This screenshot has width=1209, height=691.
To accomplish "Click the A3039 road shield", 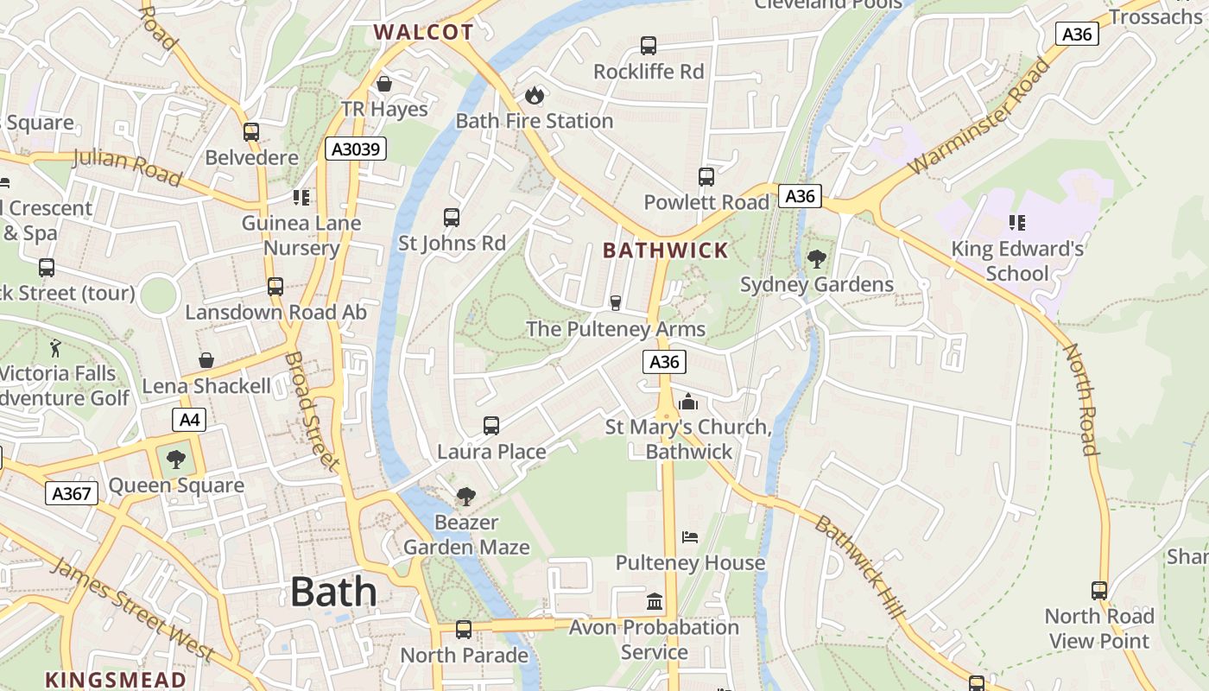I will tap(356, 149).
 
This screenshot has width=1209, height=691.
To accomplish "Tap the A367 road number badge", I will tap(72, 493).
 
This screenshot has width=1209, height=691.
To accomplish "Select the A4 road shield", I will tap(189, 421).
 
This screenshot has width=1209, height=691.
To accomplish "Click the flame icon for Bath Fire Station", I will tap(535, 94).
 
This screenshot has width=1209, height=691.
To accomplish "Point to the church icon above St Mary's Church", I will tap(688, 402).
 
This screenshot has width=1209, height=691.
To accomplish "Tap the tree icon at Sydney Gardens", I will tap(816, 258).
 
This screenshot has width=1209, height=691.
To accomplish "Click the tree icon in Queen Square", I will tap(176, 460).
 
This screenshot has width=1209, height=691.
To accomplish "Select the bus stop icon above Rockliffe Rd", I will tap(649, 46).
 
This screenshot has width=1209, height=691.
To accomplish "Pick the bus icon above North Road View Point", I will tap(1098, 591).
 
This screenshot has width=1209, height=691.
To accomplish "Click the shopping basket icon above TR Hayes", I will tap(384, 84).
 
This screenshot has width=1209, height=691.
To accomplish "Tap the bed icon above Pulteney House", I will tap(689, 537).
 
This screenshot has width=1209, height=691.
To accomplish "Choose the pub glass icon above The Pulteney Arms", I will tap(616, 302).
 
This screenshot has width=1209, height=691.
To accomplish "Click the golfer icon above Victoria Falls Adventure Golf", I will tap(57, 347).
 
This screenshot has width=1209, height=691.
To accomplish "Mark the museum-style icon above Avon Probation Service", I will tap(655, 601).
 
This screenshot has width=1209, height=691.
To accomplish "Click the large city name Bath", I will tap(333, 593).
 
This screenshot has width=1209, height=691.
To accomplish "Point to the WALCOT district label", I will tap(423, 33).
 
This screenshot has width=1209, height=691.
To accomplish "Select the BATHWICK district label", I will tap(666, 250).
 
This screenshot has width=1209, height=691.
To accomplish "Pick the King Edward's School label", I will tap(1017, 261).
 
